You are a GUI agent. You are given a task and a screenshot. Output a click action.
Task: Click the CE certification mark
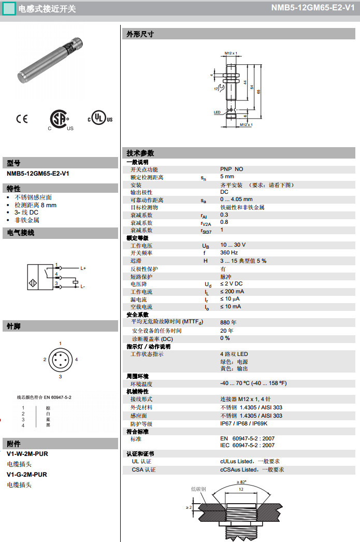pyautogui.click(x=22, y=119)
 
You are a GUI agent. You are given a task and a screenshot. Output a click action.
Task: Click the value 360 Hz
pyautogui.click(x=229, y=253)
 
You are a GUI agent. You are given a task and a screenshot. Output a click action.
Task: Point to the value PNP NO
pyautogui.click(x=232, y=169)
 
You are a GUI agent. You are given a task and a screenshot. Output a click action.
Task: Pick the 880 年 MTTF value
pyautogui.click(x=228, y=322)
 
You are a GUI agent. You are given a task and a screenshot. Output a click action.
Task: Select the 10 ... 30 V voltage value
pyautogui.click(x=233, y=245)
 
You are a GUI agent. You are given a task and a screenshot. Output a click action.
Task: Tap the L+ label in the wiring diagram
pyautogui.click(x=83, y=268)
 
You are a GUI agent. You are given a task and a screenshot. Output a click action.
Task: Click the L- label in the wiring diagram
pyautogui.click(x=82, y=287)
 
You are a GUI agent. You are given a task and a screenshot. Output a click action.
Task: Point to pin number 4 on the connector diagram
pyautogui.click(x=76, y=359)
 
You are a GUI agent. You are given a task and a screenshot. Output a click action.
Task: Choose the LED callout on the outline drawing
pyautogui.click(x=217, y=112)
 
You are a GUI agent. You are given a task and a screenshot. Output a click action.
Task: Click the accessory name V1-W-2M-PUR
pyautogui.click(x=27, y=453)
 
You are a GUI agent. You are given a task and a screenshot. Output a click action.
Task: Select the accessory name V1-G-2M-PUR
pyautogui.click(x=27, y=474)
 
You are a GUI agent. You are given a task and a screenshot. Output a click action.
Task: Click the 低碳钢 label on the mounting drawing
pyautogui.click(x=199, y=489)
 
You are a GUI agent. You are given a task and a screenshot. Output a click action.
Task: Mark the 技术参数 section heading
pyautogui.click(x=140, y=153)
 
